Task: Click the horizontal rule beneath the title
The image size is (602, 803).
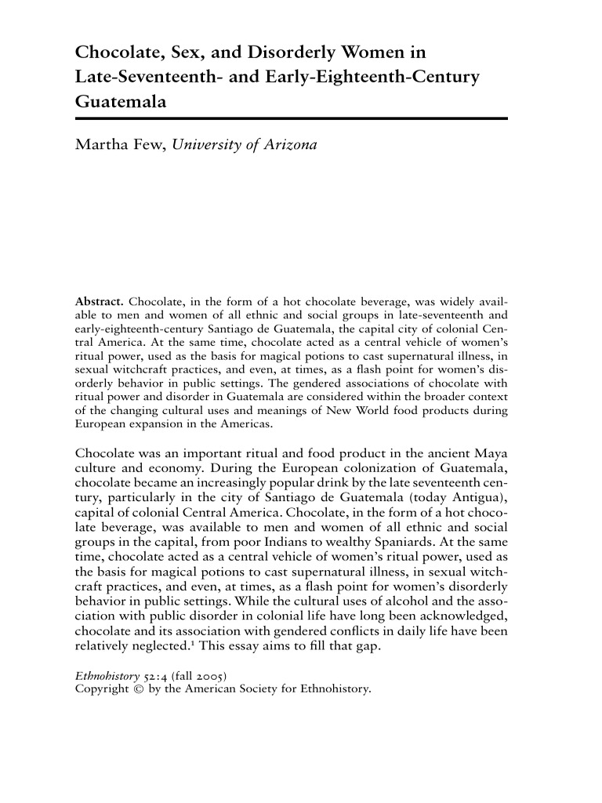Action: (x=292, y=118)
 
